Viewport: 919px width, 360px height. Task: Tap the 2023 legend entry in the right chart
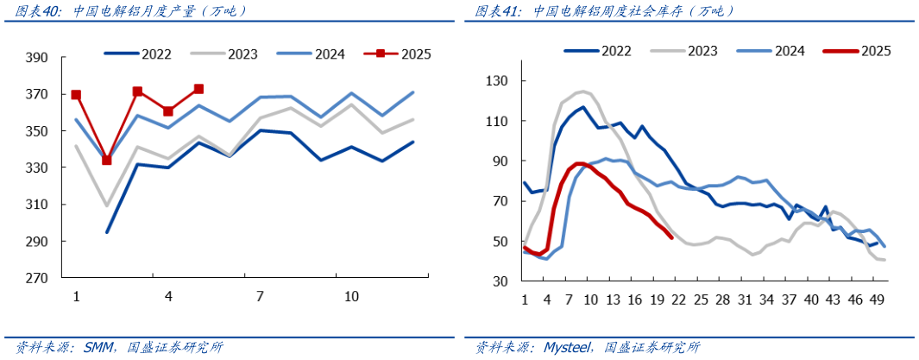[702, 51]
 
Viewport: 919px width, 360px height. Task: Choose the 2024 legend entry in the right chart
[789, 51]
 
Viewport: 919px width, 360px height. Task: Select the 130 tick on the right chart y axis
[500, 81]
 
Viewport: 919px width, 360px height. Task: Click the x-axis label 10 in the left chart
[351, 296]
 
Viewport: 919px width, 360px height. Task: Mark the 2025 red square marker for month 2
[107, 160]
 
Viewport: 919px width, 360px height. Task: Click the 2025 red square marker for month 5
[198, 89]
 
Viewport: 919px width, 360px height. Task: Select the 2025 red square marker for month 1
[76, 95]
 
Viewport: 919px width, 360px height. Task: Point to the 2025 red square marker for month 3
[137, 92]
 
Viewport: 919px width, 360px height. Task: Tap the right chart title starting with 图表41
[604, 11]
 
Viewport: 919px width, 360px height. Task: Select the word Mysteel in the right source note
[564, 347]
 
